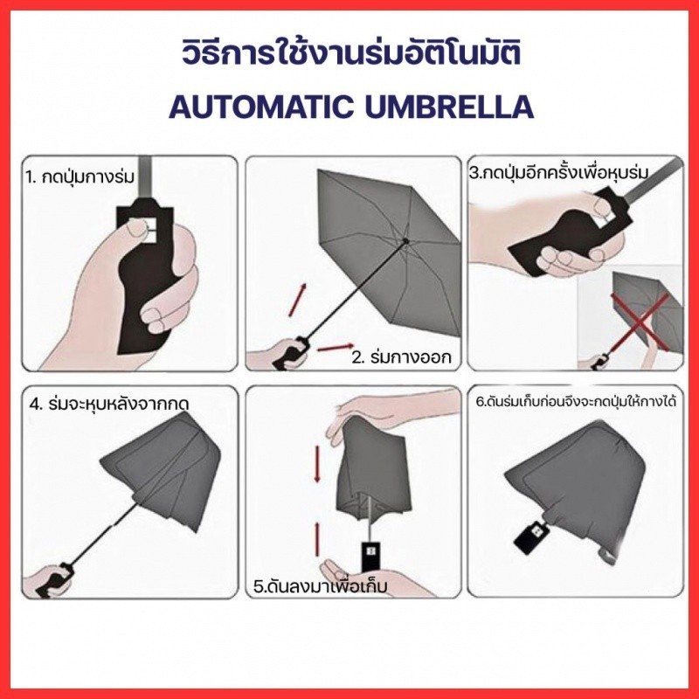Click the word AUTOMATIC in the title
tap(261, 107)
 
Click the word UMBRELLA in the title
tap(450, 107)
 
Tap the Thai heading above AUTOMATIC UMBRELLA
tap(351, 53)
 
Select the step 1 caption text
tap(80, 177)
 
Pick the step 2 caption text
tap(402, 356)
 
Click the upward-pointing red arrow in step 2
tap(297, 300)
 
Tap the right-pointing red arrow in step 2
tap(336, 347)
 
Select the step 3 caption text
tap(558, 172)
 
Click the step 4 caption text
tap(110, 404)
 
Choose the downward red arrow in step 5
tap(317, 464)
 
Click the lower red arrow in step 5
tap(317, 540)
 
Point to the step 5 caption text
tap(320, 585)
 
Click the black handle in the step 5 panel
tap(370, 556)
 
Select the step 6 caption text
tap(576, 401)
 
